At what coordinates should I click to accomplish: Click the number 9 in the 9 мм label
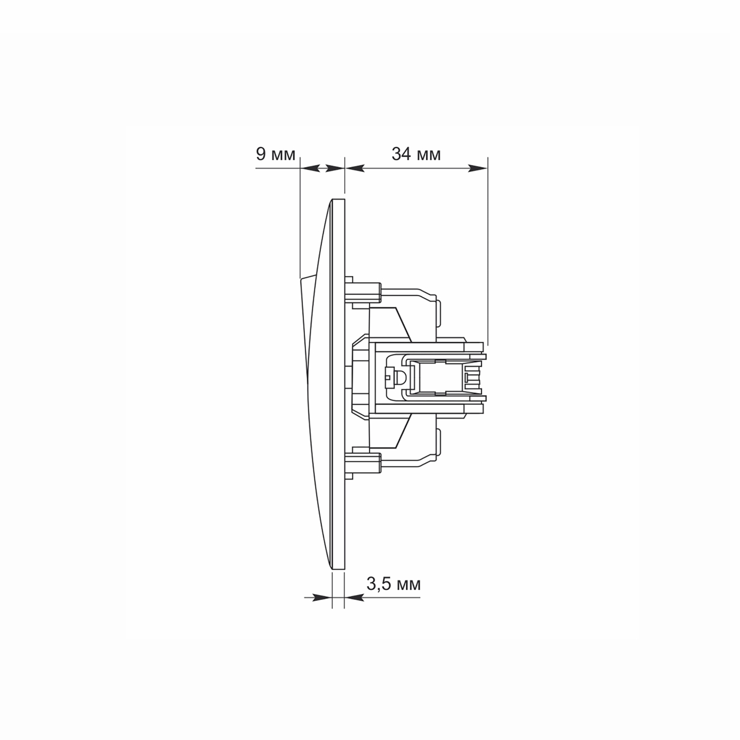pos(261,154)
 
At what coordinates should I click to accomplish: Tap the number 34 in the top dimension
pos(401,154)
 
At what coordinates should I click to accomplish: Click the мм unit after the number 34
pos(429,156)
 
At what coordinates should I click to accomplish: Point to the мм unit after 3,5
pos(409,586)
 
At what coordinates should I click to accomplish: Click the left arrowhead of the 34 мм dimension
pos(355,168)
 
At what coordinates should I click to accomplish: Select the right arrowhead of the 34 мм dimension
pos(478,168)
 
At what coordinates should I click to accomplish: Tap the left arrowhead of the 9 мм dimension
pos(310,168)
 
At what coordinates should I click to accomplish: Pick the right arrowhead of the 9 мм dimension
pos(335,168)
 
